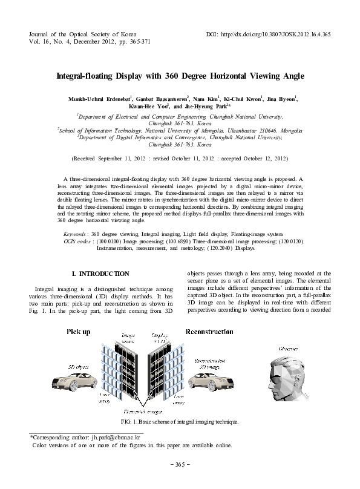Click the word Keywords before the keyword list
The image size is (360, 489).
click(x=75, y=233)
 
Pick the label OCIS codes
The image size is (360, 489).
click(x=76, y=241)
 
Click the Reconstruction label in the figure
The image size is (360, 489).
click(x=209, y=332)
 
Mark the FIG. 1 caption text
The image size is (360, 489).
click(x=180, y=421)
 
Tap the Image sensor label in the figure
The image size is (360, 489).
click(x=129, y=338)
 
